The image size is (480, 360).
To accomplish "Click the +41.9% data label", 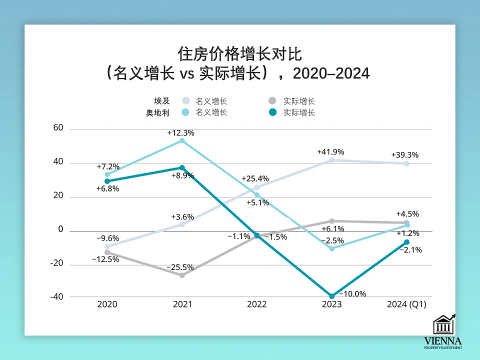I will tap(330, 152).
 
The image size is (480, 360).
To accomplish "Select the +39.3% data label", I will tap(404, 155).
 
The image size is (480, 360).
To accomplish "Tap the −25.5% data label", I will tap(180, 267).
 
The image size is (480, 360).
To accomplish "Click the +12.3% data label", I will tap(180, 133).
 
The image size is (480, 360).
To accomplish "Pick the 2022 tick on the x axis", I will tap(257, 304).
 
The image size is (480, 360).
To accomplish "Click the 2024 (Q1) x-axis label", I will tap(406, 304).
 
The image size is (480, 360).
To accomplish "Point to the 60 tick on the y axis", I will tap(58, 128).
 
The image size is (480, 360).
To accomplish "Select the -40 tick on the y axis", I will tap(56, 296).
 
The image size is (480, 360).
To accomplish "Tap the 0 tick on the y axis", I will tap(60, 229).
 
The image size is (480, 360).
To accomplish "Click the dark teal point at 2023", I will tap(331, 296).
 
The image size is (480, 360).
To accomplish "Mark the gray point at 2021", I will tap(182, 275).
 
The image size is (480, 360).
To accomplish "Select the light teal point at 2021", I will tap(182, 141).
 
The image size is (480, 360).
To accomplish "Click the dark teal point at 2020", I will tap(107, 181).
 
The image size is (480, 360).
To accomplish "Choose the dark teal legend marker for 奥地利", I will tap(272, 112).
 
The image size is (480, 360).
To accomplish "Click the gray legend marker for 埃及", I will tap(272, 101).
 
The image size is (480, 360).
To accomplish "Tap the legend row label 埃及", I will tap(161, 101).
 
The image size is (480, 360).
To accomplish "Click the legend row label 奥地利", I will tap(157, 113).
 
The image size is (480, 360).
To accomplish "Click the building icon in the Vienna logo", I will tap(443, 325).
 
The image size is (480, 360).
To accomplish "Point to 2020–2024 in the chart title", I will tap(331, 74).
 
